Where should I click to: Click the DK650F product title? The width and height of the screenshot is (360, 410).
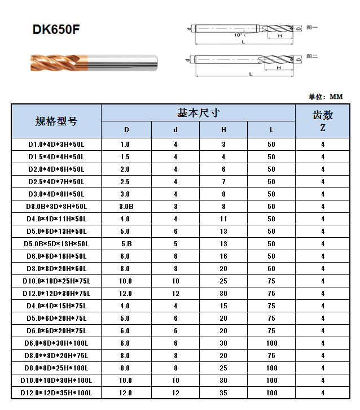click(56, 30)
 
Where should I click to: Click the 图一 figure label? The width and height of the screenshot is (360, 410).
click(311, 27)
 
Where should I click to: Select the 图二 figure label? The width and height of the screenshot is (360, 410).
click(311, 56)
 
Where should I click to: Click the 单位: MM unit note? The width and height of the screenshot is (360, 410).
click(326, 97)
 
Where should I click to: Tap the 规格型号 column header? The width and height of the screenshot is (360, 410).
click(56, 121)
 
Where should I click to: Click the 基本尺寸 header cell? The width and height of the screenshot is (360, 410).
click(198, 112)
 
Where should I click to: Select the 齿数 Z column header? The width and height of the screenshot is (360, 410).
click(323, 120)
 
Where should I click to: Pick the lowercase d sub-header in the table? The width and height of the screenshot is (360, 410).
click(175, 130)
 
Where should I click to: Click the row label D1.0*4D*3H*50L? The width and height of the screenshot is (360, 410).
click(56, 145)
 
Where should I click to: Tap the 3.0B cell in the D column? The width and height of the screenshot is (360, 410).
click(126, 207)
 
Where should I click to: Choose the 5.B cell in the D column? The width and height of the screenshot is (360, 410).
click(126, 244)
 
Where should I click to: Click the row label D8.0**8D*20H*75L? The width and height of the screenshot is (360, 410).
click(56, 356)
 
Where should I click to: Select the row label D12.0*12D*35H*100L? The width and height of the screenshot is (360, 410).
click(56, 393)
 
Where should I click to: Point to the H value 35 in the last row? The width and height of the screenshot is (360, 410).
click(223, 393)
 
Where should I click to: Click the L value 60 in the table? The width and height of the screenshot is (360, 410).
click(271, 269)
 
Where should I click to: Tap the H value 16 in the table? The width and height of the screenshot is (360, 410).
click(223, 256)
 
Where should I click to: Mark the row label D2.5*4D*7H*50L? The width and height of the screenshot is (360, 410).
click(56, 182)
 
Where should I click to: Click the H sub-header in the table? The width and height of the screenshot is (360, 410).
click(223, 130)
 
